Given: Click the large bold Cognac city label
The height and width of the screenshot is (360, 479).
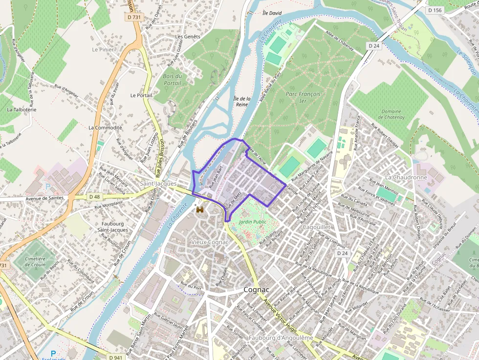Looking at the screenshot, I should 257,290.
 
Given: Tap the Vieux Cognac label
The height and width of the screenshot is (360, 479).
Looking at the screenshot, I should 210,242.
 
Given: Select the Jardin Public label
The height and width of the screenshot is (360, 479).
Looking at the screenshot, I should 252,222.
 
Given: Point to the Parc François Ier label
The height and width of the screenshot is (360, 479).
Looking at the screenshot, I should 303,97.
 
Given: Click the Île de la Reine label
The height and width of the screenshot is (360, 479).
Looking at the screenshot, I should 242,101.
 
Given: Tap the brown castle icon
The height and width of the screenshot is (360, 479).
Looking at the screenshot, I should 200,210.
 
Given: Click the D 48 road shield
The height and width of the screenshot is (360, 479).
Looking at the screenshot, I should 95,197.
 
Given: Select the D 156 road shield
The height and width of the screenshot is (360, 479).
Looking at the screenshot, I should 435,10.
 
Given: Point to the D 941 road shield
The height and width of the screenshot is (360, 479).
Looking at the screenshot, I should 115,357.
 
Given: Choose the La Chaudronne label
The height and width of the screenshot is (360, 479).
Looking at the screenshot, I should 406,177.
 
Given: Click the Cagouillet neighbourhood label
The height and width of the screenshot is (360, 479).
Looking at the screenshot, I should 317,227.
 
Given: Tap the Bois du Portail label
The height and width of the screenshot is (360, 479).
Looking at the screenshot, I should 173,80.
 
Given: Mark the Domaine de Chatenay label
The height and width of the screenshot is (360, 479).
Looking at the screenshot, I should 392,114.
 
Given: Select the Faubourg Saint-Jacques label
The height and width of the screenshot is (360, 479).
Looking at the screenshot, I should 112,226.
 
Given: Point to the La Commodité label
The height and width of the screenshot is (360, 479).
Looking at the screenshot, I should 105,127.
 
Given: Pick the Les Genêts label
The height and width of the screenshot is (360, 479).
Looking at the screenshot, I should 188,37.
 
